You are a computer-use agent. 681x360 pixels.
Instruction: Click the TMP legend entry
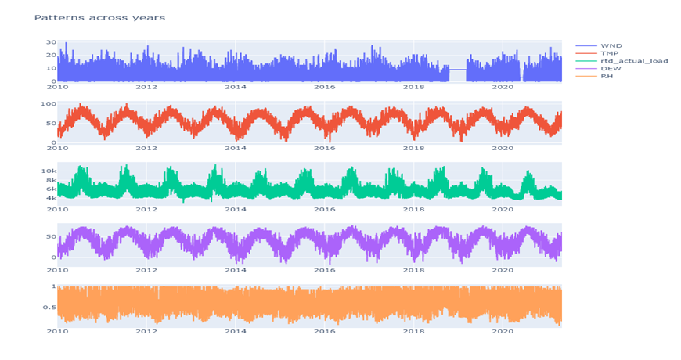(x=611, y=53)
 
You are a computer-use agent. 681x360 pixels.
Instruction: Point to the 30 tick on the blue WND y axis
(x=51, y=42)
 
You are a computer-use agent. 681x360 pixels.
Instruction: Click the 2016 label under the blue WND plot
(x=325, y=86)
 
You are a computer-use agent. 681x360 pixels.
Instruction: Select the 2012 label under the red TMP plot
(x=146, y=147)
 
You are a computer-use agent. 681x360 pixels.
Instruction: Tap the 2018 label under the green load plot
(x=414, y=208)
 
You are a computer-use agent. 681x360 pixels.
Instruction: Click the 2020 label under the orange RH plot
(x=503, y=330)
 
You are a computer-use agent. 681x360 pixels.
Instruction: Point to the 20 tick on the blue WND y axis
(x=51, y=55)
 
